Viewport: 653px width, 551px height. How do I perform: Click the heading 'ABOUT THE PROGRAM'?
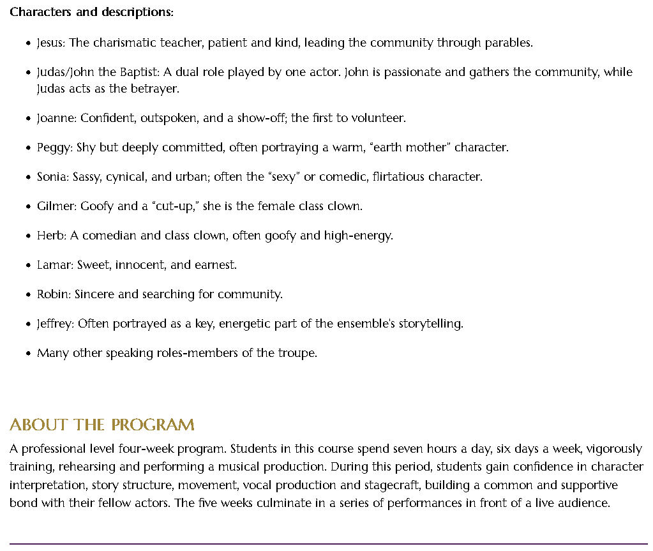pos(102,425)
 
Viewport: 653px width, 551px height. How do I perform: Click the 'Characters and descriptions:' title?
pos(91,12)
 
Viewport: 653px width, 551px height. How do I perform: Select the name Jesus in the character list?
pos(50,43)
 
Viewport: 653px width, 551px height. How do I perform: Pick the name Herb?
pos(50,236)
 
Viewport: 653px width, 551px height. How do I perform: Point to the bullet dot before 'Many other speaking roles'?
pos(28,354)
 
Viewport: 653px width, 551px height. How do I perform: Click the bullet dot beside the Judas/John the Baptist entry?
pos(28,73)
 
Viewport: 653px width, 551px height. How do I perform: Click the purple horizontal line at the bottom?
pos(326,543)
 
